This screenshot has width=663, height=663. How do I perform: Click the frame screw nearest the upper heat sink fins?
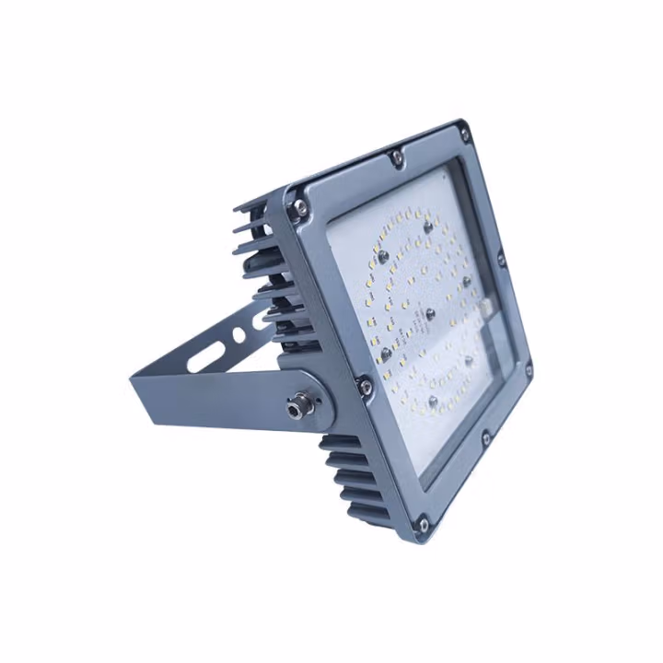297,211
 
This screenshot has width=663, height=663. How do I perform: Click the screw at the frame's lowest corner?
423,525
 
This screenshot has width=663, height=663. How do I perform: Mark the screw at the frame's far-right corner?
528,371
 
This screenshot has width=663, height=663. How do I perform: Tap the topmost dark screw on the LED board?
426,223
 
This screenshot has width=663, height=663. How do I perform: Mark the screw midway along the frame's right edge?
502,259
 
